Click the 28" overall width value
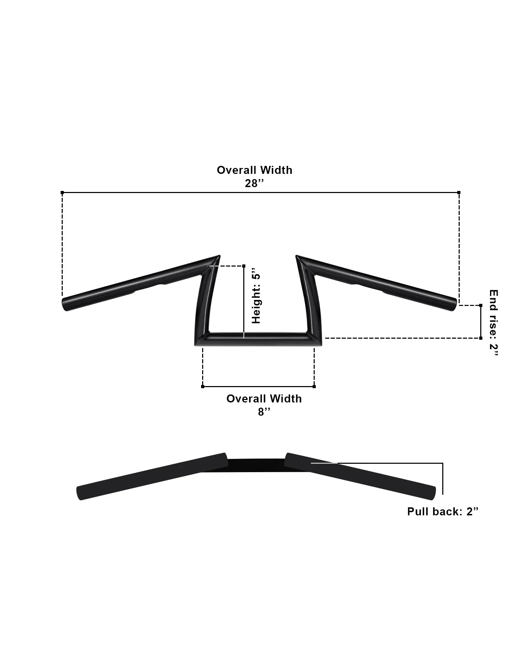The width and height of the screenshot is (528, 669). pos(254,183)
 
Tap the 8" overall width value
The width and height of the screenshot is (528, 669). pos(264,412)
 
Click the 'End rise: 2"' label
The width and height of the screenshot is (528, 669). pos(493,323)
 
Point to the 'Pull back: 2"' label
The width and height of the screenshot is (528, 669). pos(443,512)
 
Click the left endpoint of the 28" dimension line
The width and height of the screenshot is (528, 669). pos(62,192)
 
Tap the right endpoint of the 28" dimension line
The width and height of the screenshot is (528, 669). pos(459,192)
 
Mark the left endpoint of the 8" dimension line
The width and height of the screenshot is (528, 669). pos(203,386)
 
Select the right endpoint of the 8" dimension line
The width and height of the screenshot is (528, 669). pos(314,386)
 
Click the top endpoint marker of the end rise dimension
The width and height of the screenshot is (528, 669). pos(481,305)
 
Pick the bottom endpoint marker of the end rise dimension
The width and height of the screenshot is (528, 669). pos(481,338)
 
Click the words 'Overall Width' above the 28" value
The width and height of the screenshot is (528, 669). pos(254,170)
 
